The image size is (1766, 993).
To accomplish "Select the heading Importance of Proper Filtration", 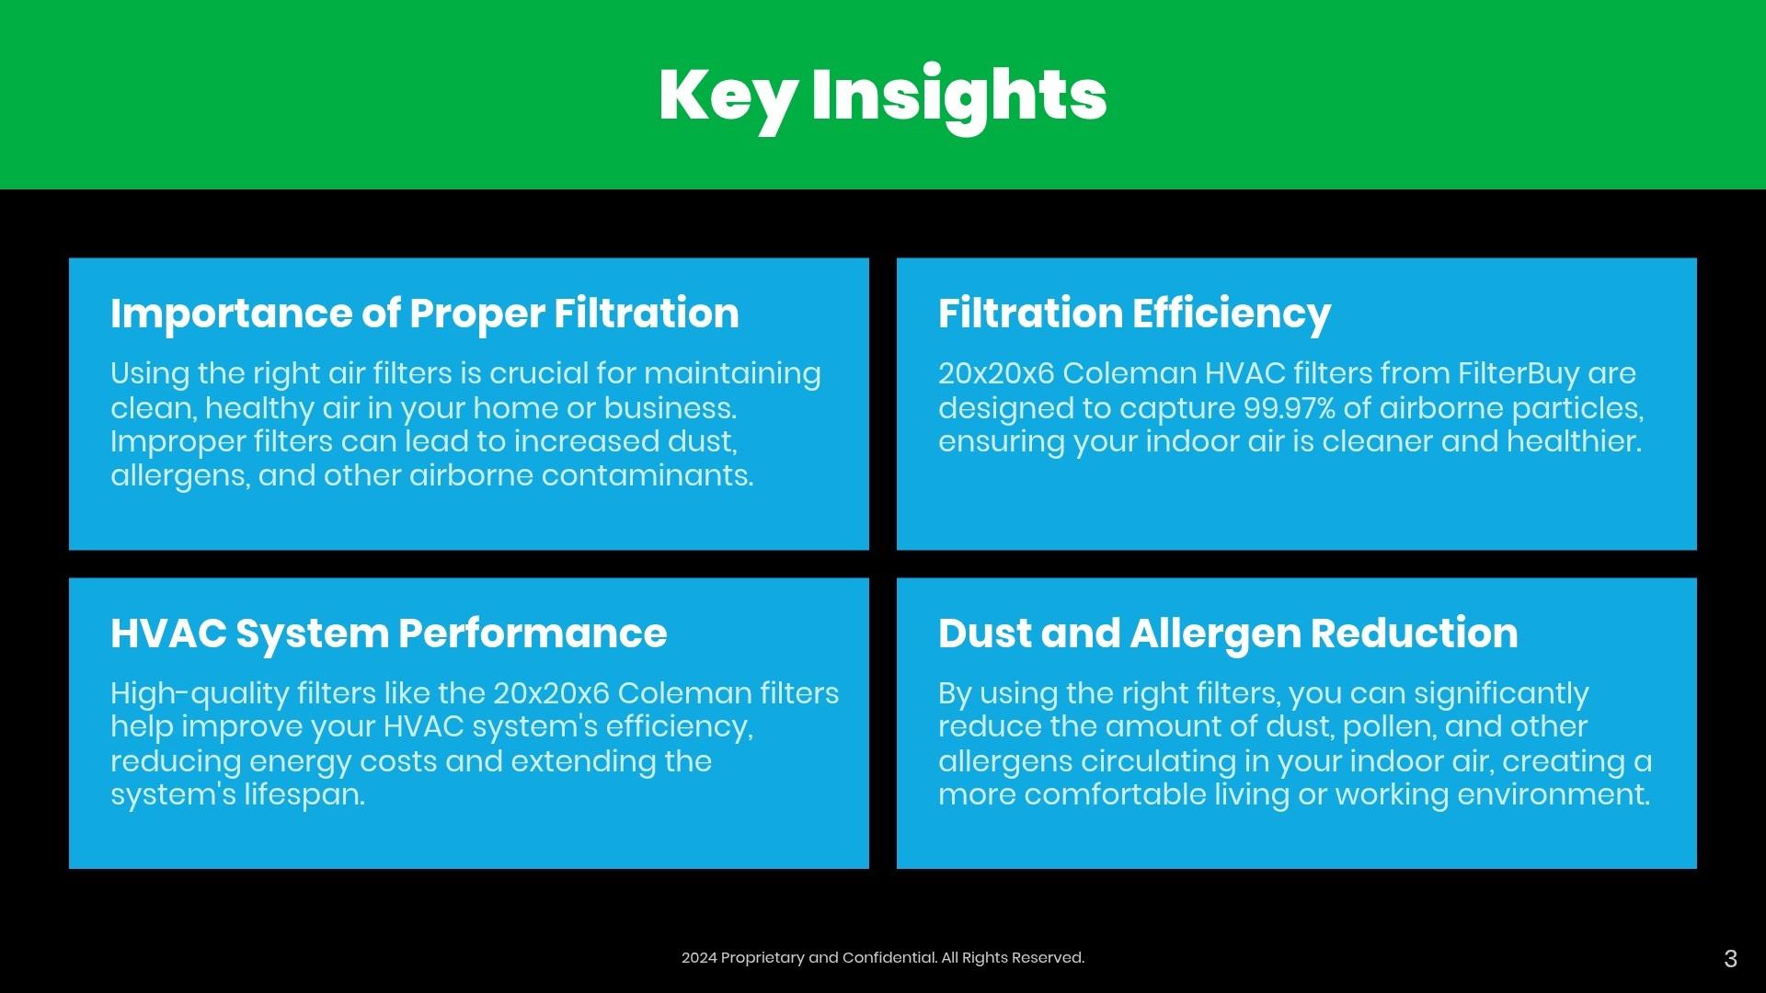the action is (x=425, y=314).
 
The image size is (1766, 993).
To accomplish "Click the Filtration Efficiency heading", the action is (x=1134, y=314).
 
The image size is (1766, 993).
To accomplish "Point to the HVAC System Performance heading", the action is (x=389, y=633).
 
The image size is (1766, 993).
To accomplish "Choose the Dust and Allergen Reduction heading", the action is (x=1228, y=633).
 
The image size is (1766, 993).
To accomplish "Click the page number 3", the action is (x=1730, y=959).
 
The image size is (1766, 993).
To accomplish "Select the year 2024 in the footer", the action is (x=698, y=958).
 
